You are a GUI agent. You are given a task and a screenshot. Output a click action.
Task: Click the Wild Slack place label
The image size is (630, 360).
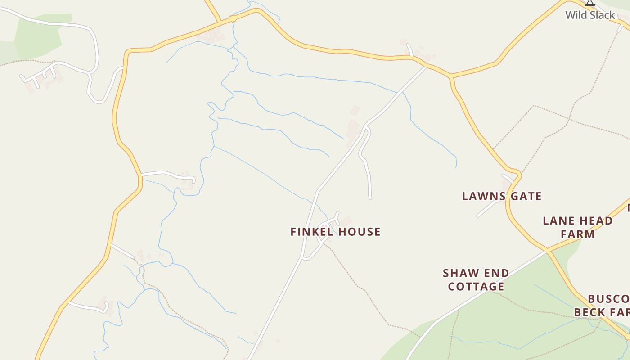[590, 15]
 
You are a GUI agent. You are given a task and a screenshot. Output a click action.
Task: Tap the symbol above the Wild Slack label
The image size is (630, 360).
[590, 3]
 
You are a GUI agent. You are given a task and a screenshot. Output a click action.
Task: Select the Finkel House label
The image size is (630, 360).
[335, 232]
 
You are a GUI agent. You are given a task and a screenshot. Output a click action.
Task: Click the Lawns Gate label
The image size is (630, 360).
[502, 196]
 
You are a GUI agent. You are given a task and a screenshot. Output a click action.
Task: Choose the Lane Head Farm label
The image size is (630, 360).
[577, 227]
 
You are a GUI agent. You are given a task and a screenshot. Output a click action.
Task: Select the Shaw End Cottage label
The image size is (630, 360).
[476, 279]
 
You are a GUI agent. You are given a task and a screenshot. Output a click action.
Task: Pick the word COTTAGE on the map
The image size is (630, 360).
[476, 286]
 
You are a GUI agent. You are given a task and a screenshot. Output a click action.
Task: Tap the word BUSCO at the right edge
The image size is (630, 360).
[608, 299]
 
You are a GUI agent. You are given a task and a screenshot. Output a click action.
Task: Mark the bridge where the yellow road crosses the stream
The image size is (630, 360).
[233, 18]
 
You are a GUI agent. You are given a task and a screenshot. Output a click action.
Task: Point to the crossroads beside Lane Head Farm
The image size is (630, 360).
[547, 250]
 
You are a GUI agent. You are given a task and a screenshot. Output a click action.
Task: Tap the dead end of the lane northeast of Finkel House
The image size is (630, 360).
[370, 198]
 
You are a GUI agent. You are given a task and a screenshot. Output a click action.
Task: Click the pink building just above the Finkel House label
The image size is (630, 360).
[346, 221]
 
